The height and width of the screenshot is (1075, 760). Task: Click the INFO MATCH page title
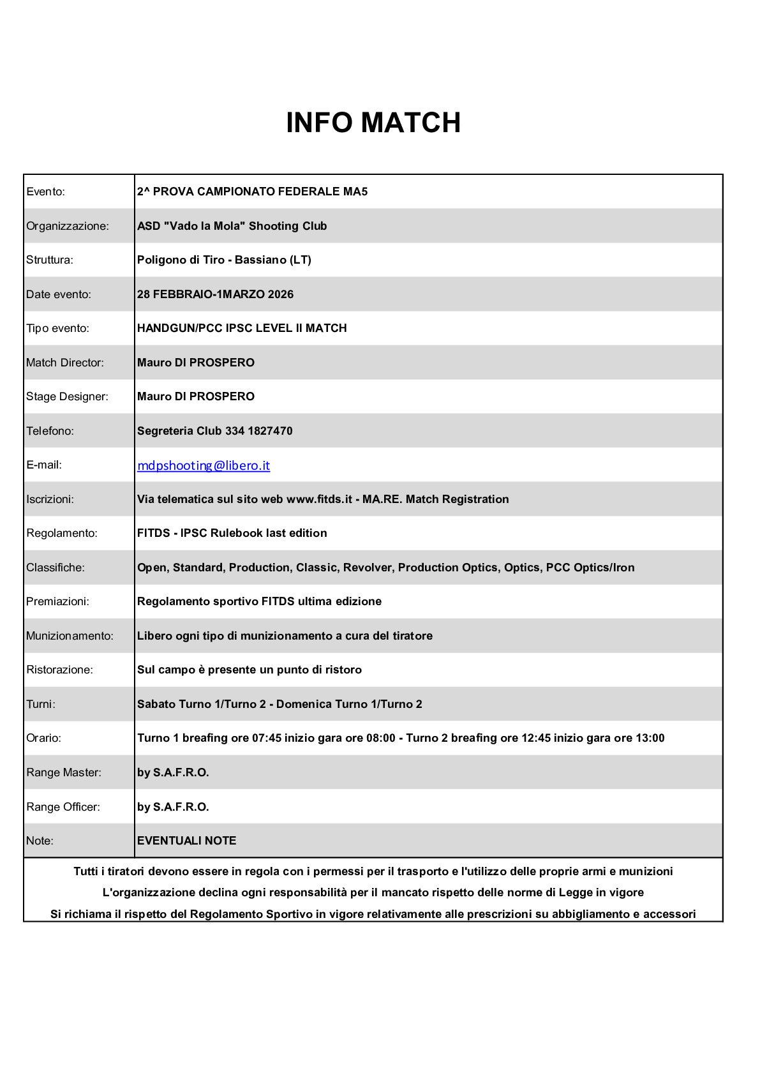373,123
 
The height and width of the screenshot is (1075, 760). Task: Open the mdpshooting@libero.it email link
204,465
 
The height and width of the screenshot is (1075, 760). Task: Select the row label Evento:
46,192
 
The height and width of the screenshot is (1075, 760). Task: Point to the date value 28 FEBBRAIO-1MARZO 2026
215,294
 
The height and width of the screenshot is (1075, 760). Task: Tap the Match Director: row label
65,363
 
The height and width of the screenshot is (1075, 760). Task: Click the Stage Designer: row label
67,396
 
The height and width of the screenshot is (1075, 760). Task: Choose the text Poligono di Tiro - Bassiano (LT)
224,260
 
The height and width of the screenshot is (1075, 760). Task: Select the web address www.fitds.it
319,499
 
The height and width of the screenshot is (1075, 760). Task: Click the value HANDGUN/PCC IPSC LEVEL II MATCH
242,328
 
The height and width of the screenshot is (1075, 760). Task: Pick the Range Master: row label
64,772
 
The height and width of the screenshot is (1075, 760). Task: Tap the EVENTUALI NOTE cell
186,841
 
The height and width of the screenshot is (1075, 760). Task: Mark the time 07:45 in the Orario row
267,738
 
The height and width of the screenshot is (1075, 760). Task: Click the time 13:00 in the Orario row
650,738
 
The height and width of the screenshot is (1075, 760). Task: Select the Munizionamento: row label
70,636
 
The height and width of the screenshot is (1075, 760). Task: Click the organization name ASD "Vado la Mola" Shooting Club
232,226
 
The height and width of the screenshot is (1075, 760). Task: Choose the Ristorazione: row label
59,670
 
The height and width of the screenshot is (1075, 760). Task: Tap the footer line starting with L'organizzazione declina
373,892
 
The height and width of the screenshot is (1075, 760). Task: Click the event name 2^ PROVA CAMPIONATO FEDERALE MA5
252,192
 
